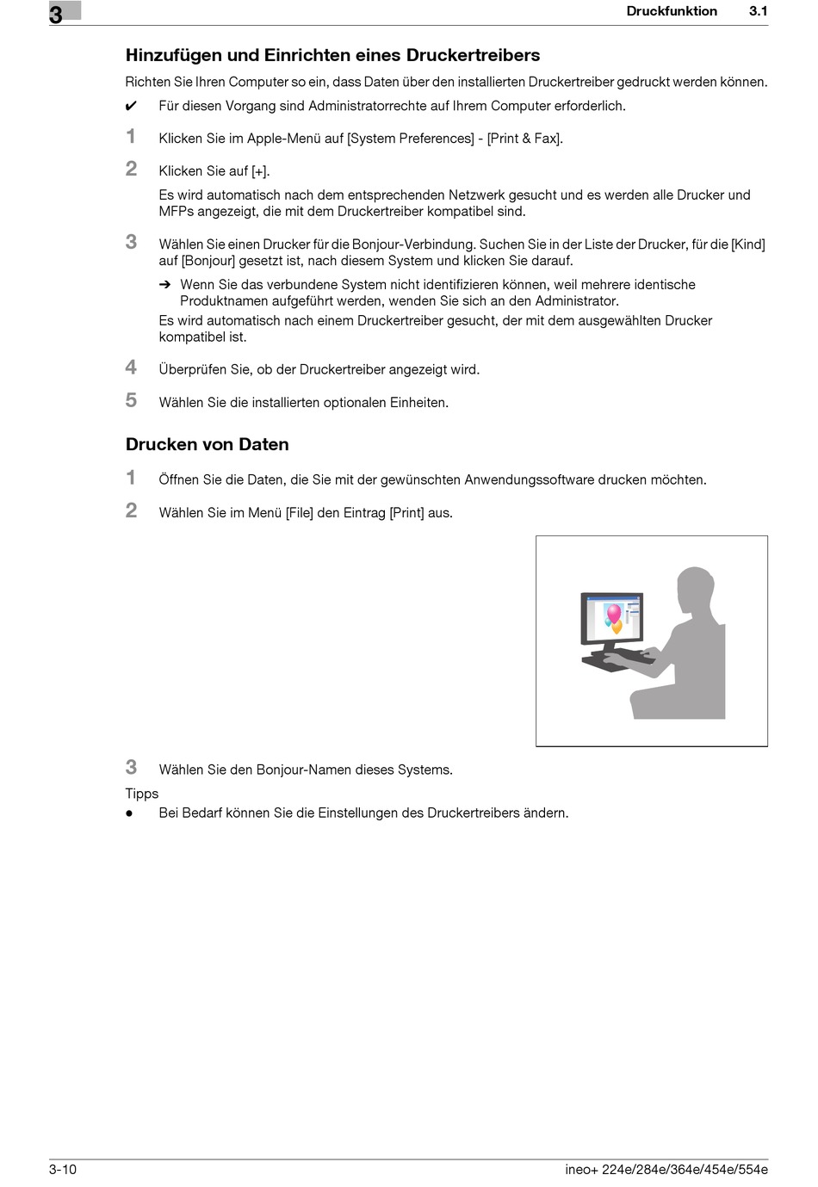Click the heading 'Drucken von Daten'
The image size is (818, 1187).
pos(207,444)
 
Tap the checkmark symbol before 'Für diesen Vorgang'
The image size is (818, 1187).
pos(131,107)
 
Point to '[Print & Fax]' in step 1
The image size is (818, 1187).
pos(524,138)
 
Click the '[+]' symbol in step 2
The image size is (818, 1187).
pos(259,171)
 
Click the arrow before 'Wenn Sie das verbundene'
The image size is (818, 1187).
pos(165,285)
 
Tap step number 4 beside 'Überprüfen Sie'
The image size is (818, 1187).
pos(131,368)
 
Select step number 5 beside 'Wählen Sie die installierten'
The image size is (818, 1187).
pos(131,400)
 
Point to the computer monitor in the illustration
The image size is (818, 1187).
pos(612,616)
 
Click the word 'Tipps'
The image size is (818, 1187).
pos(142,794)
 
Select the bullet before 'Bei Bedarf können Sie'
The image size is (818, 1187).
pos(129,813)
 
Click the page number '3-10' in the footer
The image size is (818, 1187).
pos(63,1169)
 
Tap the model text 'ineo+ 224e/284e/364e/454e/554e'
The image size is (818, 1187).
pos(666,1169)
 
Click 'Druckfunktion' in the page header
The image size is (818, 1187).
pos(672,11)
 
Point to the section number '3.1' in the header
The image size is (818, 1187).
pos(758,11)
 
